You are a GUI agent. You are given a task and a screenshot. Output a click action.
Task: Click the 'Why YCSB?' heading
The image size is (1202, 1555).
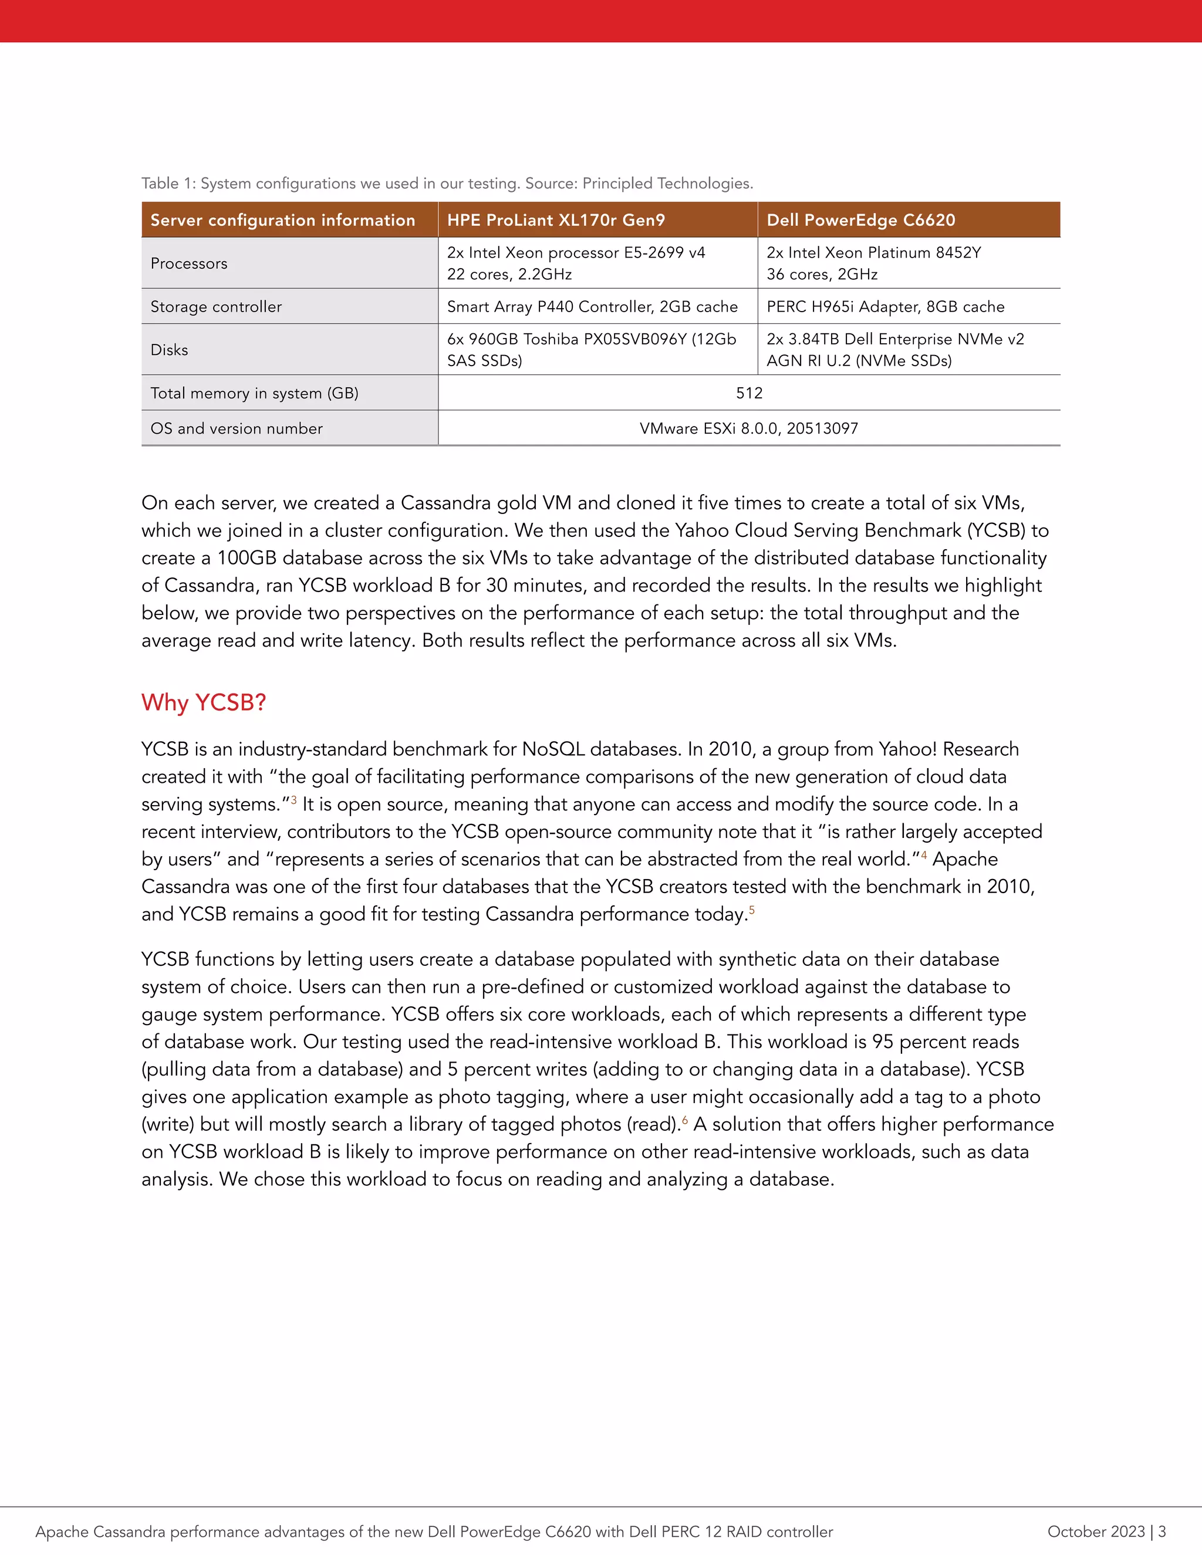pos(204,703)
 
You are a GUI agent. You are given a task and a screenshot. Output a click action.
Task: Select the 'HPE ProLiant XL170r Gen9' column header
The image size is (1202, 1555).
pos(555,220)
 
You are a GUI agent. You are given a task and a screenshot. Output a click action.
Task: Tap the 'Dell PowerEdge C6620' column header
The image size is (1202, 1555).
pos(860,220)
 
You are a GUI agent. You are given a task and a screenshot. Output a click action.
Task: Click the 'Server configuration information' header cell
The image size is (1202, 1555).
pos(283,220)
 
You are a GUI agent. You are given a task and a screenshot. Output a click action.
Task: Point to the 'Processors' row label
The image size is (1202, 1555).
pos(189,263)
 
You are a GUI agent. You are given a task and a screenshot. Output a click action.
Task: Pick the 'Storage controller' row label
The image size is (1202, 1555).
pos(216,307)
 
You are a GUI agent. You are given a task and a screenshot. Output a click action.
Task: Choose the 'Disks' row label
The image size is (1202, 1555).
pos(170,350)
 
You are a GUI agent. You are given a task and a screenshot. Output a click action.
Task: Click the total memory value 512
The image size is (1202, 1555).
pos(748,393)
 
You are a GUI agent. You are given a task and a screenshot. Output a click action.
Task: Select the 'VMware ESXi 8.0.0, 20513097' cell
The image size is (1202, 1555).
pos(748,428)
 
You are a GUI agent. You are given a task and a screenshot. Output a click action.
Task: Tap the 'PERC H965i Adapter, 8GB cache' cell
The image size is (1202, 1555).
pos(885,307)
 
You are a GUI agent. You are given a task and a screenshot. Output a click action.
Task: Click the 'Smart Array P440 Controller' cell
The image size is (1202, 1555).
pos(592,307)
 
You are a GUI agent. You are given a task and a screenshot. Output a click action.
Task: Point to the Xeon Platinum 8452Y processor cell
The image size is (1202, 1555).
pos(873,263)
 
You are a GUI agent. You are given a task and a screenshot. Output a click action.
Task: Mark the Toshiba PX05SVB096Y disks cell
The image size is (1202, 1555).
pos(591,350)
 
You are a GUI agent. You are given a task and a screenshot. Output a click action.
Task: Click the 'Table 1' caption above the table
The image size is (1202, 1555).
pos(447,184)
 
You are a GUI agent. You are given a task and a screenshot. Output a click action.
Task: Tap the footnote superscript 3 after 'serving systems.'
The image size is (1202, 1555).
pos(294,800)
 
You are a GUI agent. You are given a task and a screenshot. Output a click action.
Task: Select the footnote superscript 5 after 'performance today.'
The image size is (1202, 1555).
pos(752,910)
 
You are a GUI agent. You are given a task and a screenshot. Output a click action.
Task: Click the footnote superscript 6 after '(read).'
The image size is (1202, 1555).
pos(685,1120)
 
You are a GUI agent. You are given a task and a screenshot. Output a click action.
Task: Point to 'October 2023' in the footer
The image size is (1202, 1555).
pos(1095,1532)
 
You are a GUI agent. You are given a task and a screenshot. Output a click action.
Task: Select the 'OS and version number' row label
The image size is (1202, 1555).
pos(237,428)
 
